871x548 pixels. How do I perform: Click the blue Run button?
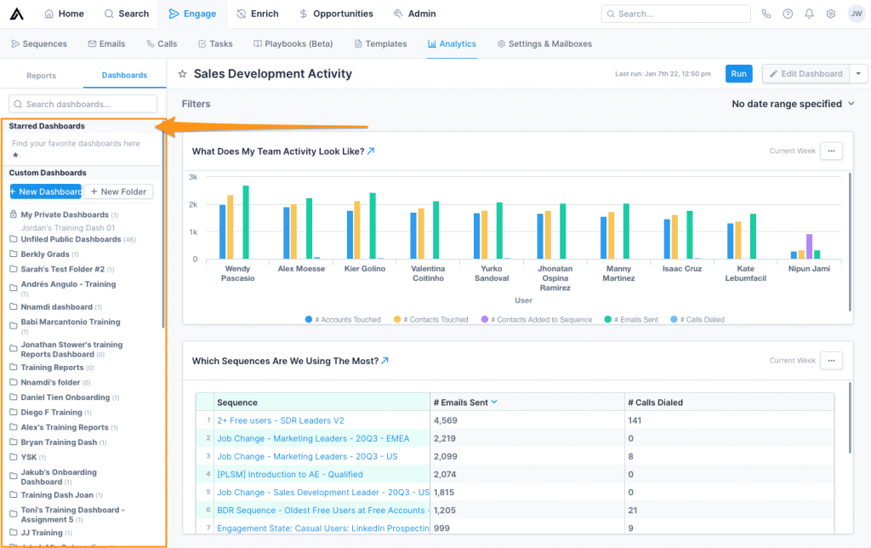[738, 74]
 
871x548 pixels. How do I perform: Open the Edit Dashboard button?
[806, 74]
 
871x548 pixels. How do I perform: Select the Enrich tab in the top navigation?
[258, 14]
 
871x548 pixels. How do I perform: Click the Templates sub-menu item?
[380, 43]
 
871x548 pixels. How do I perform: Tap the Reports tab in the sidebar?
[41, 76]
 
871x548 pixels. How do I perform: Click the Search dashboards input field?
[83, 104]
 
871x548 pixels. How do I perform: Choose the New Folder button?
[118, 191]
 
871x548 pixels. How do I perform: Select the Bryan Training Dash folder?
[59, 442]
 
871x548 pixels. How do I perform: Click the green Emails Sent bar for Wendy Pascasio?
[246, 222]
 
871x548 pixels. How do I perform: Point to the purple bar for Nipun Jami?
[809, 246]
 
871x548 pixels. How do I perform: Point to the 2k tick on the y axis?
[193, 205]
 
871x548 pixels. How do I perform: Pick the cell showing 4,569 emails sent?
[446, 420]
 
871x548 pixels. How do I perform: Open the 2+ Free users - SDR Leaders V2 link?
[281, 420]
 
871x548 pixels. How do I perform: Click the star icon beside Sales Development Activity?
[182, 74]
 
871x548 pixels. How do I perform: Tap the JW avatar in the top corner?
[855, 14]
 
